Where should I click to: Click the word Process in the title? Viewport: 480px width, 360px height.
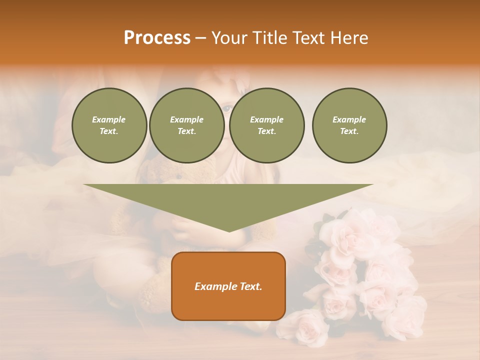157,38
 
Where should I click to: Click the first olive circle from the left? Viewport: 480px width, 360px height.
109,125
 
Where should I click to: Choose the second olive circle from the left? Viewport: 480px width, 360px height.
186,125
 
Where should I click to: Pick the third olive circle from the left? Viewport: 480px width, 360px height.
266,125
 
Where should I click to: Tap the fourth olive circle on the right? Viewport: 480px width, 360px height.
349,125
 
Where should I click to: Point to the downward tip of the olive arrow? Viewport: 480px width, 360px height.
229,230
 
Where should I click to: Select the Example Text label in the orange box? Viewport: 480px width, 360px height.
228,286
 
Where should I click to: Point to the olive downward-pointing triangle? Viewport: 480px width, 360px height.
228,200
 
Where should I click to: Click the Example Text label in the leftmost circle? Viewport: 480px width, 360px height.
109,125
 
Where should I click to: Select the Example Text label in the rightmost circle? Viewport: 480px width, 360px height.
349,125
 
